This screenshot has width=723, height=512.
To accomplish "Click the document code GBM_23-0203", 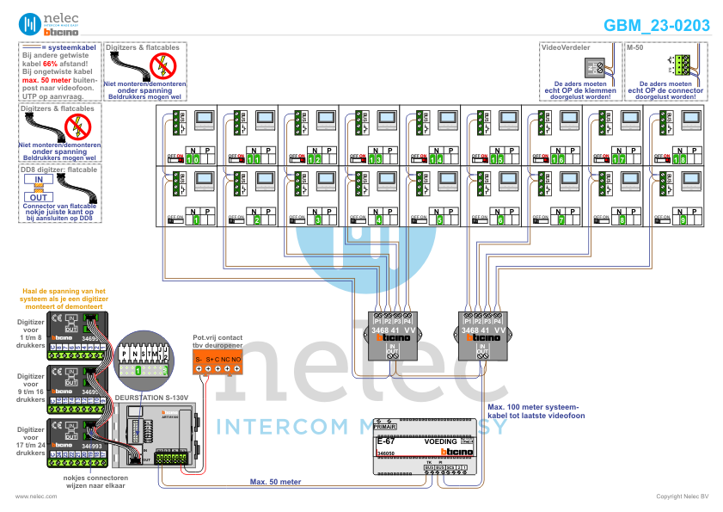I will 657,26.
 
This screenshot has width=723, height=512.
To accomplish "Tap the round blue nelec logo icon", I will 30,24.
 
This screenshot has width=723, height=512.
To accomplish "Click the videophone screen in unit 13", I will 388,120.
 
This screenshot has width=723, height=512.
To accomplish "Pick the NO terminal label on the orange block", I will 236,357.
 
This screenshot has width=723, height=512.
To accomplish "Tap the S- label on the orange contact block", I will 199,357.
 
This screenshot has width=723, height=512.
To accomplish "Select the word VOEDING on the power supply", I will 442,441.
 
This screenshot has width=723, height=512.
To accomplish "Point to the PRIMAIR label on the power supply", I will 386,426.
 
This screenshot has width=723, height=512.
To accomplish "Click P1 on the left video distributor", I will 377,321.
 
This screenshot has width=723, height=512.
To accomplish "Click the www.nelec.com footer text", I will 36,497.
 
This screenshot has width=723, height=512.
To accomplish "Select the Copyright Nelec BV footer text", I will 682,497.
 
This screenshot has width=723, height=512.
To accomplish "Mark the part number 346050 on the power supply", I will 386,452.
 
